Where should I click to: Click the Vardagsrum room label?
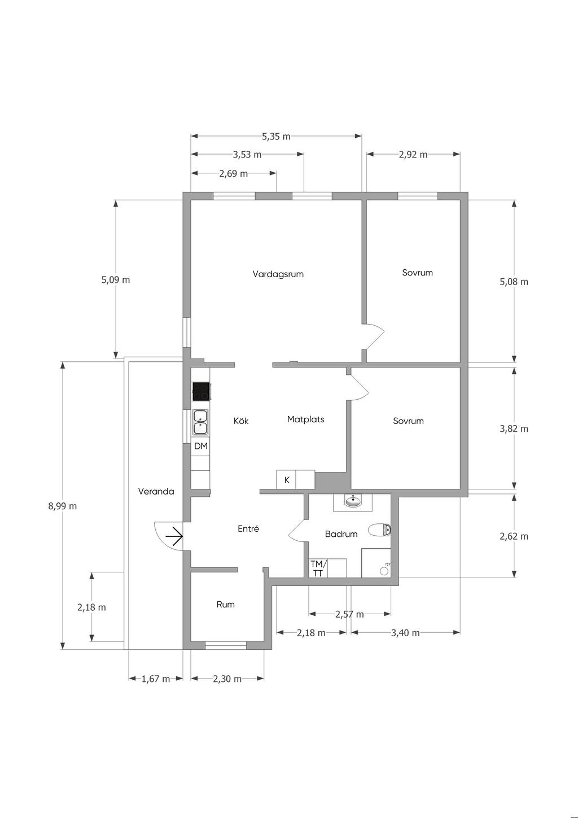[x=278, y=274]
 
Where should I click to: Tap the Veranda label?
[x=156, y=491]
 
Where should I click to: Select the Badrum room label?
[x=341, y=534]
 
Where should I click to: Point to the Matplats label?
[x=305, y=419]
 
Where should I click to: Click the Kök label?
[x=241, y=421]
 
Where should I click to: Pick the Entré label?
[x=248, y=528]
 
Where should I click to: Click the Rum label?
[x=225, y=605]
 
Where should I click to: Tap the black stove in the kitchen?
[x=201, y=391]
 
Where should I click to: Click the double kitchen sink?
[x=200, y=422]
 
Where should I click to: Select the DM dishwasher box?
[x=201, y=446]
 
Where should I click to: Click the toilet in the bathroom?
[x=380, y=530]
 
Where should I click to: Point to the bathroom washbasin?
[x=353, y=501]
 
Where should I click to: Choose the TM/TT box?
[x=318, y=568]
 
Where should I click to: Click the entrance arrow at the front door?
[x=174, y=536]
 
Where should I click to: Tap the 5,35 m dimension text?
[x=276, y=137]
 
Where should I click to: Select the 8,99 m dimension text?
[x=63, y=506]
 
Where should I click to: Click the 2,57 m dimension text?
[x=349, y=614]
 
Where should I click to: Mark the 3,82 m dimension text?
[x=514, y=428]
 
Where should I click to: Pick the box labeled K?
[x=286, y=479]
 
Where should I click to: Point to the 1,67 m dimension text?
[x=156, y=679]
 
